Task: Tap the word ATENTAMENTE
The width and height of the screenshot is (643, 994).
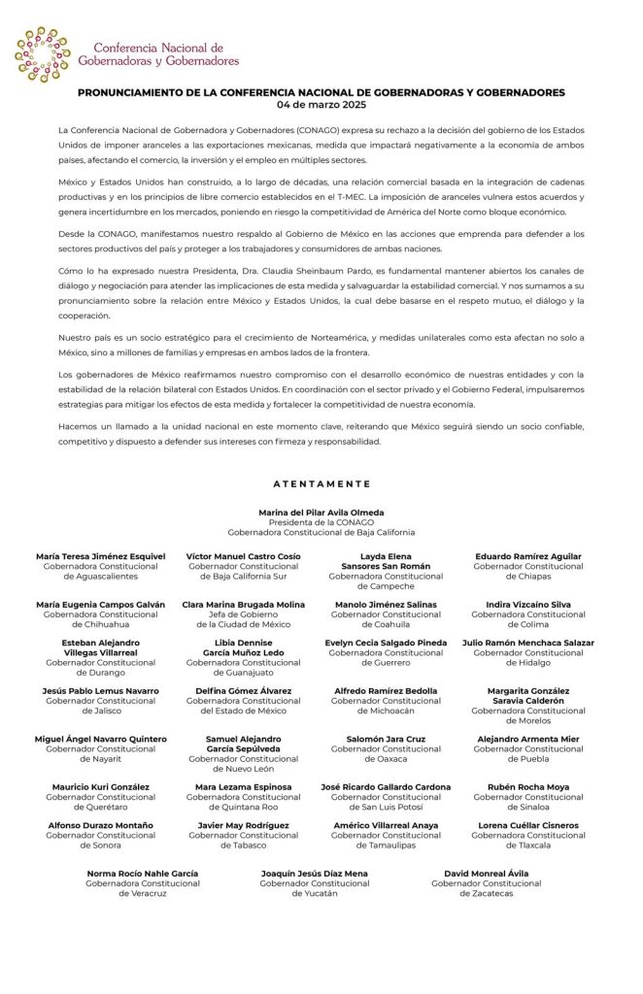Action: click(321, 482)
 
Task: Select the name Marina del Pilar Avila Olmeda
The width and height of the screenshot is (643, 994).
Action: click(321, 512)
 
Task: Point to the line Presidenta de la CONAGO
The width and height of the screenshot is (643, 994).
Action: click(321, 521)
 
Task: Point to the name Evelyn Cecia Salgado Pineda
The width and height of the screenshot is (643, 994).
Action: click(386, 643)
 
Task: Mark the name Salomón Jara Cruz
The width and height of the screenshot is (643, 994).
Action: click(386, 739)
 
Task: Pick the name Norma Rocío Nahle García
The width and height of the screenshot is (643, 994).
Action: click(143, 873)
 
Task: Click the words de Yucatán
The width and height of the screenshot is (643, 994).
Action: click(315, 893)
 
